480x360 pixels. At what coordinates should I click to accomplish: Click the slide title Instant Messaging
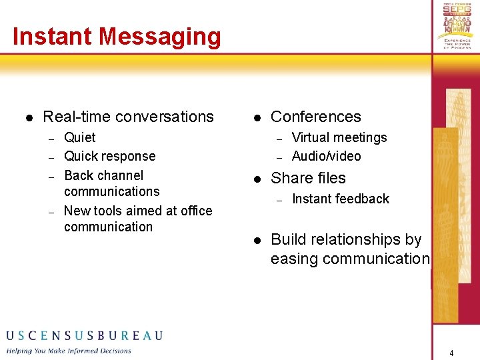click(x=117, y=36)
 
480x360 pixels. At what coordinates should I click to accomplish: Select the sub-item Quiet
click(x=79, y=137)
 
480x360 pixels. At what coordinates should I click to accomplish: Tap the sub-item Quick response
click(x=109, y=156)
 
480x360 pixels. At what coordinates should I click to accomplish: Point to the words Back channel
click(x=103, y=175)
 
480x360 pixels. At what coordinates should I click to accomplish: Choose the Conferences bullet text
click(x=315, y=117)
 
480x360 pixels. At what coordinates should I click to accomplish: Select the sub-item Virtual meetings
click(x=339, y=137)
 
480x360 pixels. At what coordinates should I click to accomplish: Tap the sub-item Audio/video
click(x=326, y=156)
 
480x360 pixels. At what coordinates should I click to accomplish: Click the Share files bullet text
click(x=308, y=178)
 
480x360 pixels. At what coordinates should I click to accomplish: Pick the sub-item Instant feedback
click(x=340, y=199)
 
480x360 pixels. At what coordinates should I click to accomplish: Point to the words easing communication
click(x=349, y=258)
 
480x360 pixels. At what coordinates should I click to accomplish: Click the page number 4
click(x=451, y=353)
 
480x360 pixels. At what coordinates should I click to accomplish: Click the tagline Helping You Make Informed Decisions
click(x=69, y=351)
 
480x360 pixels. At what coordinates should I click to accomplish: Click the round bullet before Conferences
click(x=257, y=118)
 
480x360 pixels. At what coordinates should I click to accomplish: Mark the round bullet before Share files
click(x=257, y=179)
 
